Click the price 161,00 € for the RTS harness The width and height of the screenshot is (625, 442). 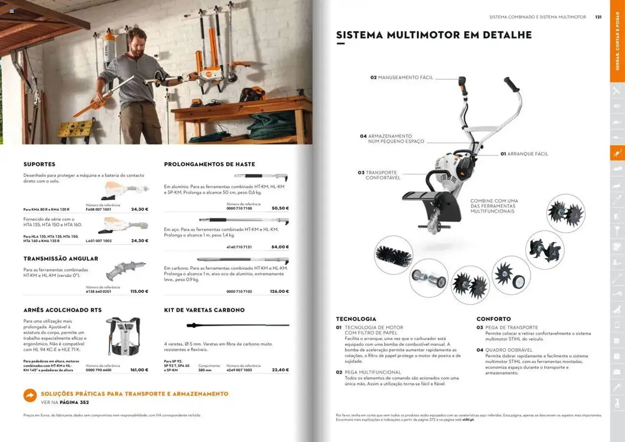pyautogui.click(x=139, y=370)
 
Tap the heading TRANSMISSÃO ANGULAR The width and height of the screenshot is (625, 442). pyautogui.click(x=61, y=259)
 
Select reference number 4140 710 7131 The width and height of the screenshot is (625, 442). pyautogui.click(x=239, y=247)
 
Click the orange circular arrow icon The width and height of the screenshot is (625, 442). pyautogui.click(x=30, y=395)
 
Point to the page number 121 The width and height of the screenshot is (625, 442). pyautogui.click(x=598, y=17)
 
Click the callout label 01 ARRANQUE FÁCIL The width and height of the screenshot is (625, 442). pyautogui.click(x=524, y=154)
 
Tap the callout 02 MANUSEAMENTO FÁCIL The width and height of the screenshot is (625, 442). pyautogui.click(x=402, y=78)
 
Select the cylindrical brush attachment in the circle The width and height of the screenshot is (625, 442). pyautogui.click(x=393, y=255)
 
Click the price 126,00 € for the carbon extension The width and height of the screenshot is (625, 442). pyautogui.click(x=279, y=291)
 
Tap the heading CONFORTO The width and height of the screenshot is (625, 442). pyautogui.click(x=493, y=319)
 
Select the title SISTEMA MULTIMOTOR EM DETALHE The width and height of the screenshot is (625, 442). pyautogui.click(x=434, y=35)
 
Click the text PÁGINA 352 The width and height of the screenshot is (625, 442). pyautogui.click(x=74, y=402)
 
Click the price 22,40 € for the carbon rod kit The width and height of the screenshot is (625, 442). pyautogui.click(x=280, y=370)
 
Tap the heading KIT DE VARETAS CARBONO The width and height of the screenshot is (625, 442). pyautogui.click(x=204, y=310)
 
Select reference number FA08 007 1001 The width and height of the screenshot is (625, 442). pyautogui.click(x=98, y=209)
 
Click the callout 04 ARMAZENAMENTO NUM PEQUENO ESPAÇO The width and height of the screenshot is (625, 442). pyautogui.click(x=392, y=139)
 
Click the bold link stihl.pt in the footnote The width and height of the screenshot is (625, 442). pyautogui.click(x=468, y=420)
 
